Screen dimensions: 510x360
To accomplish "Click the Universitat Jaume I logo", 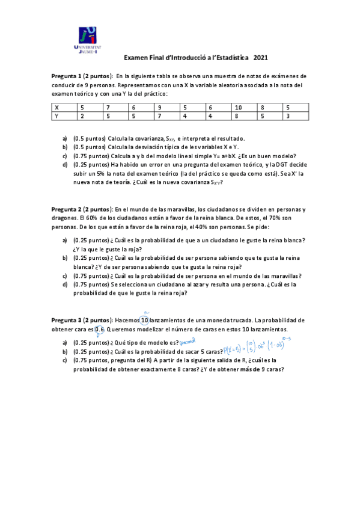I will point(88,40).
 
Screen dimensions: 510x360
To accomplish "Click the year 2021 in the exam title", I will point(261,58).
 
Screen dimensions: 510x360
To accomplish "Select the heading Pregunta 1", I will point(70,76).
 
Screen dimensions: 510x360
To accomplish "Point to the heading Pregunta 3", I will point(70,320).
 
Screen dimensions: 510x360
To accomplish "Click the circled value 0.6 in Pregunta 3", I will point(100,330).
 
